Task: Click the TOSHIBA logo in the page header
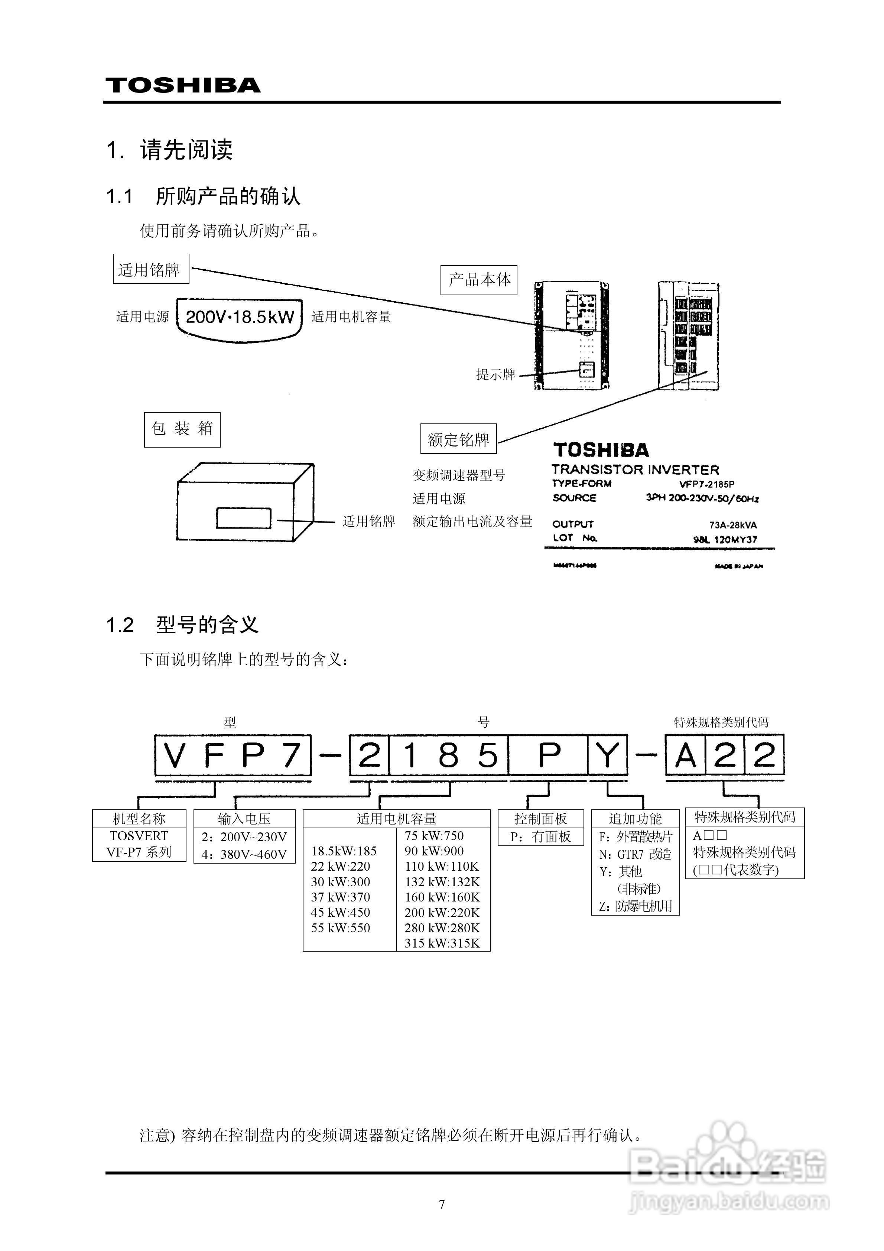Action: (x=183, y=85)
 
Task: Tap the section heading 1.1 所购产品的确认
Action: (x=203, y=196)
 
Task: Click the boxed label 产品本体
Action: (x=478, y=280)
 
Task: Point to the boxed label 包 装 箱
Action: (x=182, y=429)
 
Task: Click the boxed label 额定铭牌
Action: (x=458, y=439)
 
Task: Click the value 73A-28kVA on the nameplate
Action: (x=732, y=525)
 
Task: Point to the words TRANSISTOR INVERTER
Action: (x=635, y=469)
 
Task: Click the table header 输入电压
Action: (x=244, y=818)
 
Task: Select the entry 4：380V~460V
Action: (x=244, y=854)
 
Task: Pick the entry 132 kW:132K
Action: (x=442, y=881)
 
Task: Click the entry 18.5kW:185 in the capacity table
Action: (x=344, y=851)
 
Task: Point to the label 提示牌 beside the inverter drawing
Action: (x=495, y=374)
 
